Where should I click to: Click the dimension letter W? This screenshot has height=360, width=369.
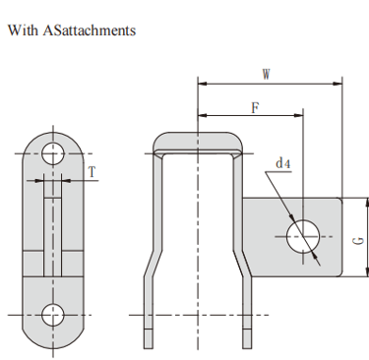[x=267, y=75]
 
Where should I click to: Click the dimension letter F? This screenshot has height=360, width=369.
[x=255, y=107]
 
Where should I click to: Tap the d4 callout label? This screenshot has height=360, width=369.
[x=283, y=163]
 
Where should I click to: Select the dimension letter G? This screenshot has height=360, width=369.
[x=359, y=241]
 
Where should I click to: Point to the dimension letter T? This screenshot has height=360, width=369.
[x=92, y=171]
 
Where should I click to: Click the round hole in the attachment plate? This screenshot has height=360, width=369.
[x=303, y=236]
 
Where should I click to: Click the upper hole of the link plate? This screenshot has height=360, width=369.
[x=53, y=153]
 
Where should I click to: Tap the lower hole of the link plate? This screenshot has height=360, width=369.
[x=53, y=315]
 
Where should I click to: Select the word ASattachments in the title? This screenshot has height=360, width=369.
[x=90, y=30]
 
